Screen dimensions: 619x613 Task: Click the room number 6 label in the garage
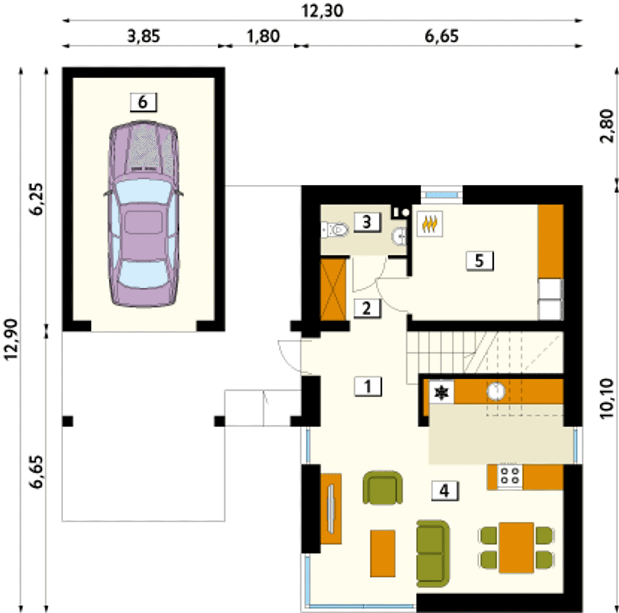[143, 102]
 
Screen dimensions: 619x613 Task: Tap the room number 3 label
[367, 222]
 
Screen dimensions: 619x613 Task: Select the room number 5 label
[480, 261]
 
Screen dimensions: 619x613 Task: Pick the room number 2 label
[367, 308]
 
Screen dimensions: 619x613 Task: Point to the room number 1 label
[368, 386]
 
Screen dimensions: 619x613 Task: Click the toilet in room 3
[335, 230]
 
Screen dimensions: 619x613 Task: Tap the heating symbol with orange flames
[430, 224]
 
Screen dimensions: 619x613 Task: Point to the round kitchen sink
[496, 391]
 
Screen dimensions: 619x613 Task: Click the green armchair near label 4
[383, 488]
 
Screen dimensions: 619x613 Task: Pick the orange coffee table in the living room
[383, 553]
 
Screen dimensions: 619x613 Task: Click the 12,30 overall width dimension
[323, 11]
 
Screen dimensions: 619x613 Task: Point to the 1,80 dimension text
[264, 36]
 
